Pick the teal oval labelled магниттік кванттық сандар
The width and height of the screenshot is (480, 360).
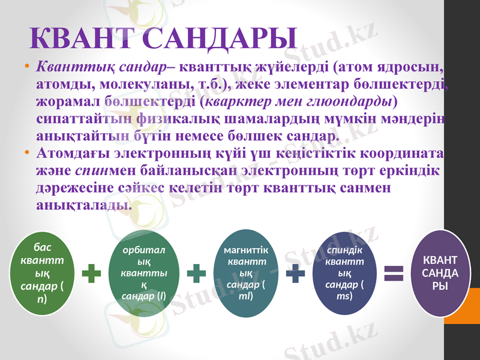click(245, 273)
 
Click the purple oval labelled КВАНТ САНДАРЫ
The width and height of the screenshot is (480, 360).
click(440, 273)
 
